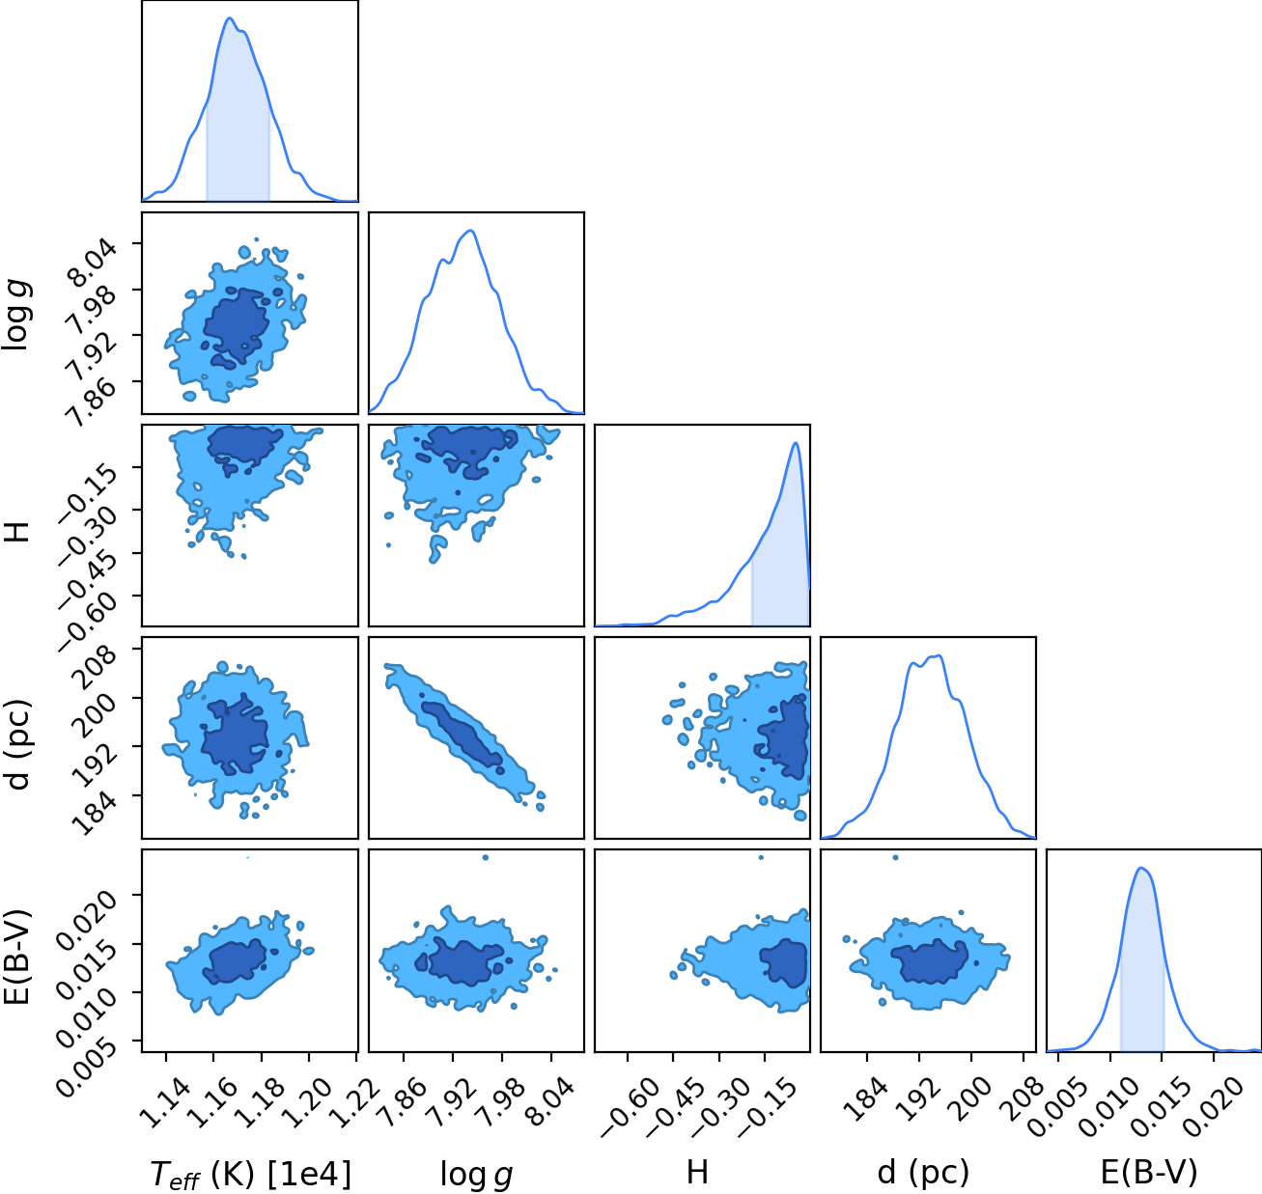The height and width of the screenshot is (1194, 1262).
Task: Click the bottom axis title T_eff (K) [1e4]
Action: (x=250, y=1175)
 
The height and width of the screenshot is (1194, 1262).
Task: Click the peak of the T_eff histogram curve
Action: (x=229, y=18)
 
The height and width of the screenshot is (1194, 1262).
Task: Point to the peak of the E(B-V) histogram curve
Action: (x=1141, y=868)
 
